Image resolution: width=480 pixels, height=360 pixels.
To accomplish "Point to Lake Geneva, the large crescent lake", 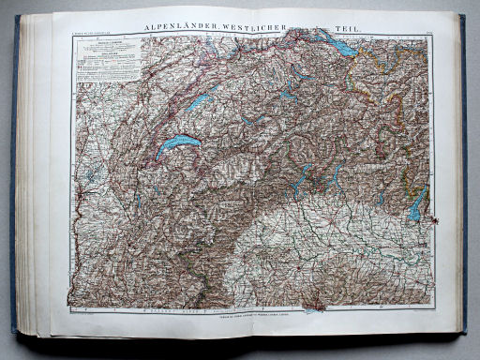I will pos(177,144).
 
